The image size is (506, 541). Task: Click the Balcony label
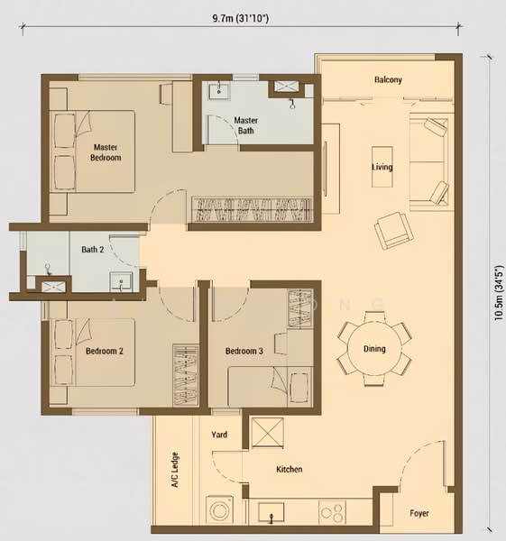pyautogui.click(x=389, y=79)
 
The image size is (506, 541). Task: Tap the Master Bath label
pyautogui.click(x=245, y=125)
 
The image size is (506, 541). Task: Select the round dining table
pyautogui.click(x=374, y=348)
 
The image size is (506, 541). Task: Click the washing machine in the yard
pyautogui.click(x=219, y=510)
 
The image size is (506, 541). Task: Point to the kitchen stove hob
pyautogui.click(x=332, y=512)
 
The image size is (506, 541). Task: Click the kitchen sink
pyautogui.click(x=271, y=512)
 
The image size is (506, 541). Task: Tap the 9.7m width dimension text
pyautogui.click(x=241, y=18)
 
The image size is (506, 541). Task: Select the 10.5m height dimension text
pyautogui.click(x=499, y=293)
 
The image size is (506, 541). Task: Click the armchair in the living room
pyautogui.click(x=394, y=230)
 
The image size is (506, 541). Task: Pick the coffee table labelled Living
pyautogui.click(x=382, y=167)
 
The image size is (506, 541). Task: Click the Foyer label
pyautogui.click(x=419, y=513)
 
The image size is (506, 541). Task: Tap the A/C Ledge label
pyautogui.click(x=176, y=470)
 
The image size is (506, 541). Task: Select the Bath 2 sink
pyautogui.click(x=121, y=282)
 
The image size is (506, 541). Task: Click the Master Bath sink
pyautogui.click(x=219, y=90)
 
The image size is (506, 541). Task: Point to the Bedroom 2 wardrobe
pyautogui.click(x=186, y=375)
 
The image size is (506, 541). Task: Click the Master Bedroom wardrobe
pyautogui.click(x=253, y=209)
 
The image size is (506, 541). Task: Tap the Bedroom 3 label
pyautogui.click(x=244, y=351)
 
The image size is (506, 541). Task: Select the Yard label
pyautogui.click(x=219, y=435)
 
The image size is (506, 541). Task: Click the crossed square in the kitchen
pyautogui.click(x=268, y=433)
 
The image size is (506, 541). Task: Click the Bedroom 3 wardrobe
pyautogui.click(x=300, y=308)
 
